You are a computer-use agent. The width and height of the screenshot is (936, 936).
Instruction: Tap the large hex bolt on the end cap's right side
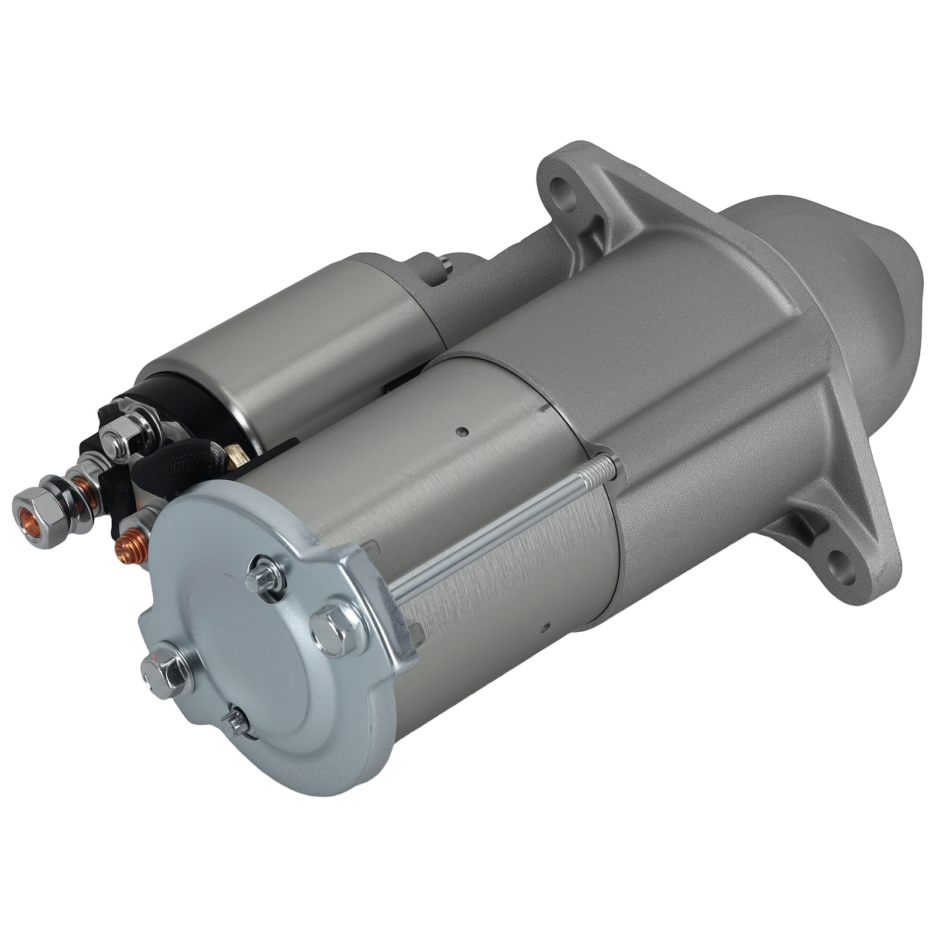click(333, 625)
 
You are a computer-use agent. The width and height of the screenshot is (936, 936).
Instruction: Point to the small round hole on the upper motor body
click(463, 432)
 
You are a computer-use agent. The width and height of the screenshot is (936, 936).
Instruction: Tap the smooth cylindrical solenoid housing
click(292, 345)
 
